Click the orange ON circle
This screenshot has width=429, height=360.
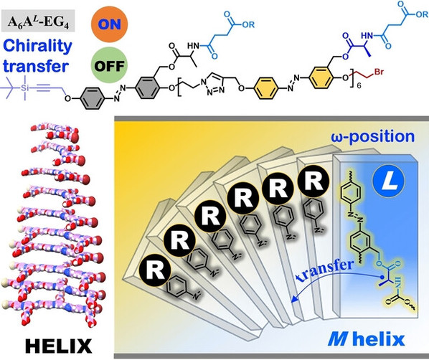(x=110, y=24)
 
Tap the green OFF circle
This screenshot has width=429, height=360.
(x=109, y=65)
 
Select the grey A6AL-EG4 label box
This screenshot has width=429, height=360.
(x=38, y=21)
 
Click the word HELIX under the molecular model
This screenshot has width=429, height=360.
(x=59, y=346)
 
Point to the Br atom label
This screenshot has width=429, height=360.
(x=379, y=72)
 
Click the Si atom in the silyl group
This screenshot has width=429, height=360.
(x=25, y=87)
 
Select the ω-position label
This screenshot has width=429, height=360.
(x=373, y=136)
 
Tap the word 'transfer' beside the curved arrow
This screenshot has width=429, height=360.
(x=325, y=270)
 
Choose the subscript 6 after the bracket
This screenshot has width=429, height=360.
(x=359, y=86)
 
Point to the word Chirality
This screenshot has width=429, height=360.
(x=38, y=46)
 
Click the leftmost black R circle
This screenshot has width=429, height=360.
(x=155, y=270)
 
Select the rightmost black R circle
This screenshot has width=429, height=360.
(x=313, y=181)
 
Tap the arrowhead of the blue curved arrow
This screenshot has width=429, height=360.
(x=293, y=300)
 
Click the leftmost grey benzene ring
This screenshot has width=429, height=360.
(x=93, y=98)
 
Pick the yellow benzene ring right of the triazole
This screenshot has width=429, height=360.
(x=266, y=88)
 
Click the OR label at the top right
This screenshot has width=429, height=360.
(x=423, y=15)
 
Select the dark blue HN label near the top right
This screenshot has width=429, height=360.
(x=367, y=36)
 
